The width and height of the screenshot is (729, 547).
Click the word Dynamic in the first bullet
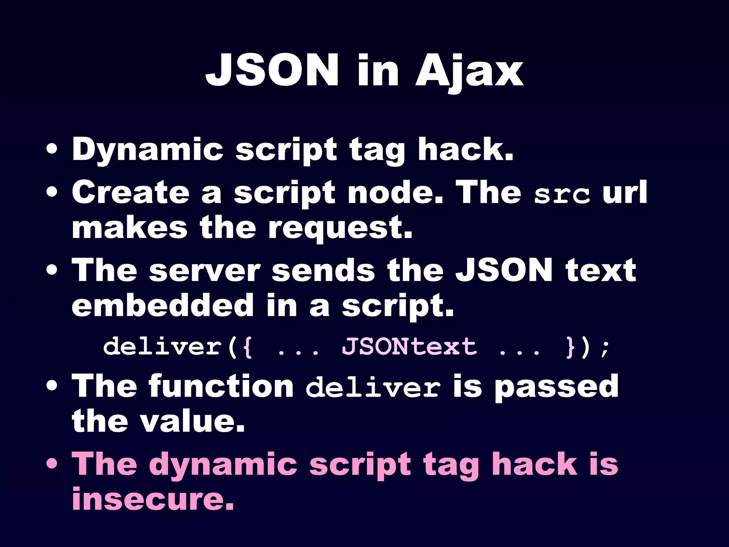coord(147,150)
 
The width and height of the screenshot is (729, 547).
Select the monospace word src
coord(561,194)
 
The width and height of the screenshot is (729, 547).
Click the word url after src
coord(624,192)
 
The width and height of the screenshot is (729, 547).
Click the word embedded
coord(162,305)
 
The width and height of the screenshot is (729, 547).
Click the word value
coord(192,422)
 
